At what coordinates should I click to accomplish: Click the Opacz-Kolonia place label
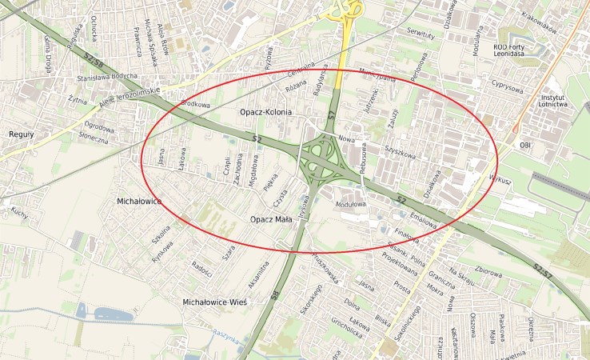266,113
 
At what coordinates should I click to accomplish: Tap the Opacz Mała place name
273,219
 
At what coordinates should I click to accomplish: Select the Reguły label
21,134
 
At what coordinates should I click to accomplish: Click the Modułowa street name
353,204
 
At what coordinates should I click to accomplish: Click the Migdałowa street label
254,170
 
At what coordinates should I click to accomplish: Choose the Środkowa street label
196,104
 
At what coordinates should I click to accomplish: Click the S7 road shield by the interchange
331,117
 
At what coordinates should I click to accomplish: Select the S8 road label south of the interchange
274,296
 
